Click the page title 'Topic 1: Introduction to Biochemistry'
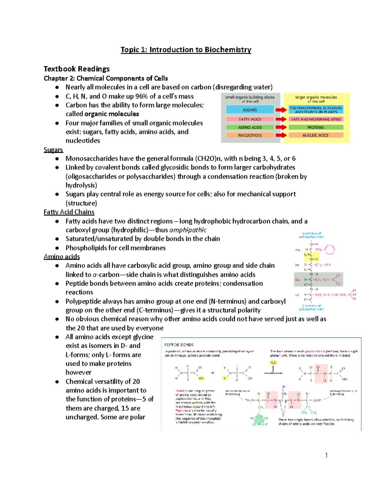(x=186, y=50)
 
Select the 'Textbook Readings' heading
(x=77, y=69)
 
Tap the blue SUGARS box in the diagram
(x=250, y=110)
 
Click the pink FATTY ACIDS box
(x=250, y=119)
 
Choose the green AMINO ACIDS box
(x=250, y=127)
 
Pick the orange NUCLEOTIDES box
(x=250, y=135)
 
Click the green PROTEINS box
(x=316, y=127)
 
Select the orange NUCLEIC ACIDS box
(x=316, y=135)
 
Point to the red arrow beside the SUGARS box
(x=281, y=110)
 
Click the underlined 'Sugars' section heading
(x=53, y=150)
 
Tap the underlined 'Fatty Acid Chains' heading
(x=69, y=212)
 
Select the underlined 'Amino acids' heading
(x=62, y=257)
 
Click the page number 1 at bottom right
(x=326, y=455)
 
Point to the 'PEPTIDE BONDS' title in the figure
(x=179, y=345)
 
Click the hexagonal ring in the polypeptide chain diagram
(x=330, y=250)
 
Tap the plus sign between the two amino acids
(x=213, y=373)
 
